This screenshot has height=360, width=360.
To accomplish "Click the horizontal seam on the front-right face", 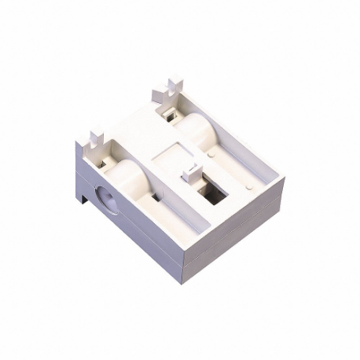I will [x=236, y=236].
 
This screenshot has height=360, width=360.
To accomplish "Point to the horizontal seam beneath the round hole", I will [x=126, y=228].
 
